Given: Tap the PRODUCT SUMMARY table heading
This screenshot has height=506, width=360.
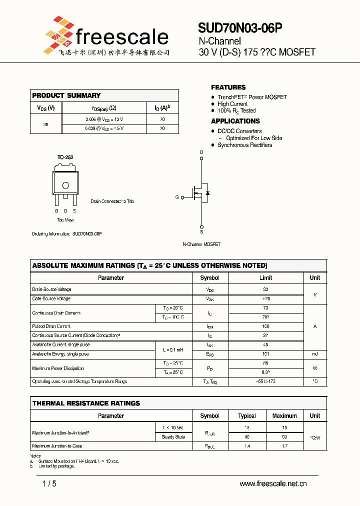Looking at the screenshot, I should pos(66,95).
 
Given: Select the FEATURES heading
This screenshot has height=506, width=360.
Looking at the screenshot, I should pos(228,87).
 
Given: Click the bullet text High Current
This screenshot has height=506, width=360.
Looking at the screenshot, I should pos(232,104).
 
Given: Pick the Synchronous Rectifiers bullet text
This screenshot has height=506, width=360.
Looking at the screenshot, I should pos(244,145).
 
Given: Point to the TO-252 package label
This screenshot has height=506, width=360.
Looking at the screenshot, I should pos(65,157).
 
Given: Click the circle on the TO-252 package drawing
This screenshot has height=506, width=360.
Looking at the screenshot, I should pos(65,185).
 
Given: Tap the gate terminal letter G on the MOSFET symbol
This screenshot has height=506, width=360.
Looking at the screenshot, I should pos(177,197).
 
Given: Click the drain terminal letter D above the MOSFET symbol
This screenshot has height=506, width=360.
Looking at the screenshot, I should pos(202,152).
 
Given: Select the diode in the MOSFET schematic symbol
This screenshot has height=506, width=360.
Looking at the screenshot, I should pos(207,192).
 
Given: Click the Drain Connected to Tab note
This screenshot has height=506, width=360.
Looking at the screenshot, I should pos(112,201).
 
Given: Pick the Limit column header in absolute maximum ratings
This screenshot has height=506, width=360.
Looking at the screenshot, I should pos(265,278).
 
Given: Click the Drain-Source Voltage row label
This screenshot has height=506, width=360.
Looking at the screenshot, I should pos(52,289).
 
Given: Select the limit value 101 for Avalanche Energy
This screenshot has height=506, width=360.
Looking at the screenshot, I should pos(265,354).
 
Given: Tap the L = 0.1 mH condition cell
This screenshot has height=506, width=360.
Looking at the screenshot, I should pos(173,349).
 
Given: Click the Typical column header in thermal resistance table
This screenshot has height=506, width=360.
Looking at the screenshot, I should pos(247,416).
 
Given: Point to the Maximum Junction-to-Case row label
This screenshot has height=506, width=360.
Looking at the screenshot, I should pos(57,446).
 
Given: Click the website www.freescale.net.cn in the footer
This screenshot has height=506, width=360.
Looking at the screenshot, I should pos(273,483).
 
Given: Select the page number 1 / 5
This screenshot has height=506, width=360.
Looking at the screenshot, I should pos(49,483).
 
